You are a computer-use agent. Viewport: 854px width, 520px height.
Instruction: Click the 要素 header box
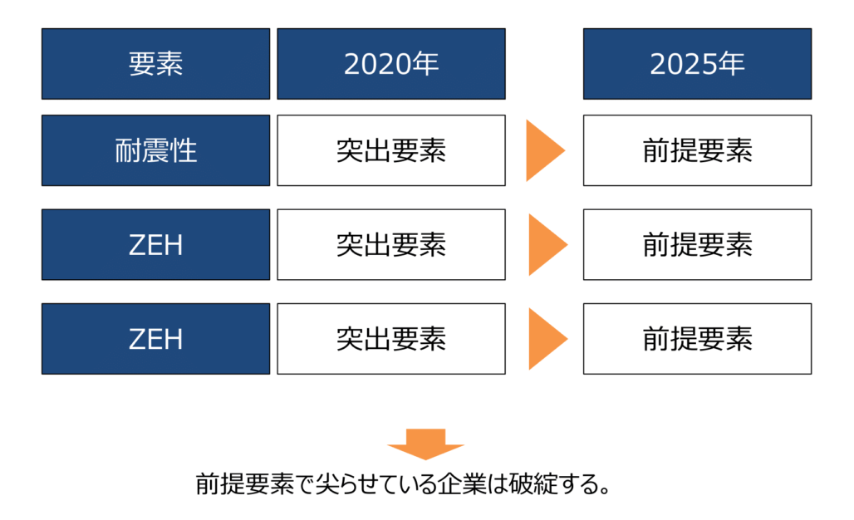[156, 64]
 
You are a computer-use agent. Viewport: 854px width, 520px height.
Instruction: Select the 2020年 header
[391, 64]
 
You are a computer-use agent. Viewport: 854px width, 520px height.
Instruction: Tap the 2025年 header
[697, 64]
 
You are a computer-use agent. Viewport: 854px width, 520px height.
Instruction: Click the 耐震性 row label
[156, 150]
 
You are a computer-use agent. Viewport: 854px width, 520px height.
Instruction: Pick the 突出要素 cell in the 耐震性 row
[391, 150]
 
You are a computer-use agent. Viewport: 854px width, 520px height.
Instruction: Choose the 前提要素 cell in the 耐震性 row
[697, 150]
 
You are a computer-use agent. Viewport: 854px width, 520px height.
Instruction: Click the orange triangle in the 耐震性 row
[542, 151]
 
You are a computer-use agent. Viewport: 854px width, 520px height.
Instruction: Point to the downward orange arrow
[425, 444]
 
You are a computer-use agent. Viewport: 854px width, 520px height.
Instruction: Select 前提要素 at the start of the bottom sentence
[245, 484]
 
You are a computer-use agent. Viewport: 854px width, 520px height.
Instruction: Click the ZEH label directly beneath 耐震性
[156, 244]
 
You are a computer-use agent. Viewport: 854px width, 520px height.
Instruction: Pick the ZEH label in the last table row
[156, 339]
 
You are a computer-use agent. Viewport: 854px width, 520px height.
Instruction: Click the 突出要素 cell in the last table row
[391, 339]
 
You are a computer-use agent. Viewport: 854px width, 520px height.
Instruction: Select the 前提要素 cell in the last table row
[697, 339]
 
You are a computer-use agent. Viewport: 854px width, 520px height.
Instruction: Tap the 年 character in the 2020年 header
[425, 64]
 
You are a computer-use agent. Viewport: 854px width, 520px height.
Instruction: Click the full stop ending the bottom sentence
[605, 489]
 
